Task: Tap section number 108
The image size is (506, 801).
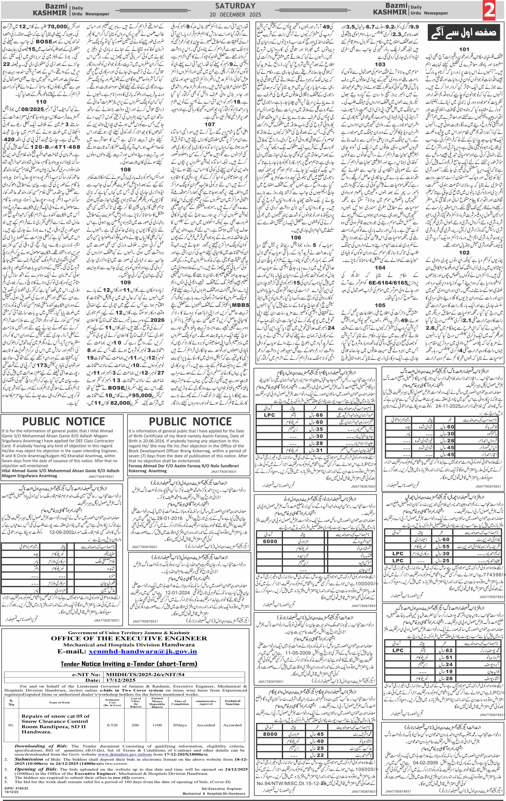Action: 125,169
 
